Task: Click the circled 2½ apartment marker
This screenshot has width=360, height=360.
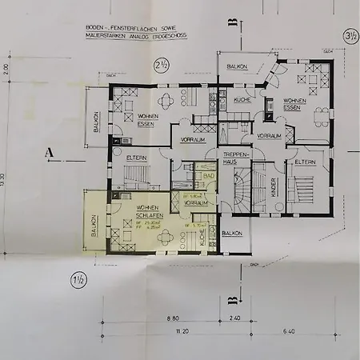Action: tap(160, 65)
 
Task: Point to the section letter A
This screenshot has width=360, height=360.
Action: tap(50, 150)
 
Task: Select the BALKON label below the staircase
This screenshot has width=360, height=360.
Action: tap(232, 233)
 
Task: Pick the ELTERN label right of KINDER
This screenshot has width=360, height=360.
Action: tap(306, 162)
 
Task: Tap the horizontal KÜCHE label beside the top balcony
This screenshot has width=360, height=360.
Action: tap(244, 100)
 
